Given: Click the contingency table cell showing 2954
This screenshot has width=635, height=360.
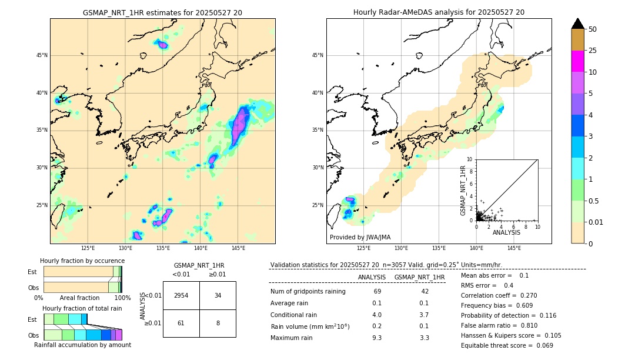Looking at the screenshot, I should (181, 295).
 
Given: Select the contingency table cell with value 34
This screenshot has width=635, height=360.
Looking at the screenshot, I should (218, 295).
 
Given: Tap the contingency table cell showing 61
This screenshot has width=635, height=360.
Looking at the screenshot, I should (181, 323).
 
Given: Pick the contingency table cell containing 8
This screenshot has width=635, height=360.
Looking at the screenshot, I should (218, 323).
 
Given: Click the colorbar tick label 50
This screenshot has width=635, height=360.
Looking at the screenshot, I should (593, 29).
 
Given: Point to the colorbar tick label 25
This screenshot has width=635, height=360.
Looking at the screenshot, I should (593, 51).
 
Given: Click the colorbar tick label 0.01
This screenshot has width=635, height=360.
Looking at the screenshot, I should (596, 222).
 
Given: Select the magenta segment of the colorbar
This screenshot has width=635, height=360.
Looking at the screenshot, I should (578, 61).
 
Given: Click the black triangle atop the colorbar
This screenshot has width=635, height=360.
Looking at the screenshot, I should (578, 24).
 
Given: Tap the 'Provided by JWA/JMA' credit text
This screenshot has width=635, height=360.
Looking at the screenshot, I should (360, 238).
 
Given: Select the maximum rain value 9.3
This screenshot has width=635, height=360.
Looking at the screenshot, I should (377, 338).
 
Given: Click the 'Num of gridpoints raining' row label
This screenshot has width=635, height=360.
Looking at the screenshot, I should (308, 291).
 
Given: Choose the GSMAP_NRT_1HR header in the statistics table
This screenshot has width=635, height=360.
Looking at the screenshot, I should (419, 277).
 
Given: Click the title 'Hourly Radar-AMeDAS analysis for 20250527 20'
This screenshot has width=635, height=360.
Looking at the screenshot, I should (439, 12).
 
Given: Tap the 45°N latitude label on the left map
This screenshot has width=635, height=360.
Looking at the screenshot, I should (42, 55).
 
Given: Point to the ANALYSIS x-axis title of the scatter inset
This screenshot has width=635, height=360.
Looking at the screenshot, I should (506, 233).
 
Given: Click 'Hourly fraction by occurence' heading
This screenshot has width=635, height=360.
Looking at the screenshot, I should (82, 261).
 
